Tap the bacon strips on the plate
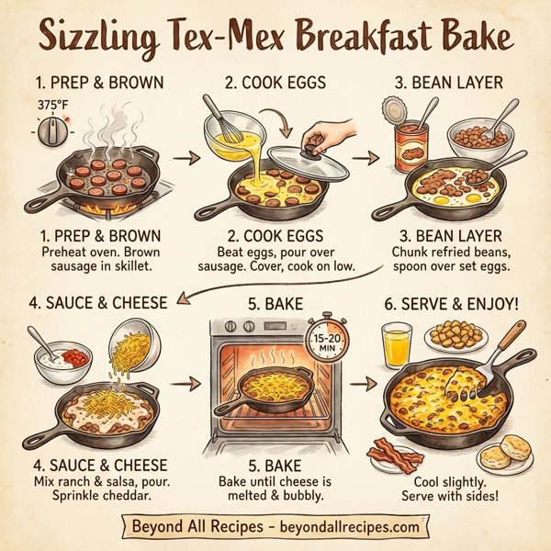coord(395,455)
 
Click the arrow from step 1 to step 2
coord(187,160)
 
